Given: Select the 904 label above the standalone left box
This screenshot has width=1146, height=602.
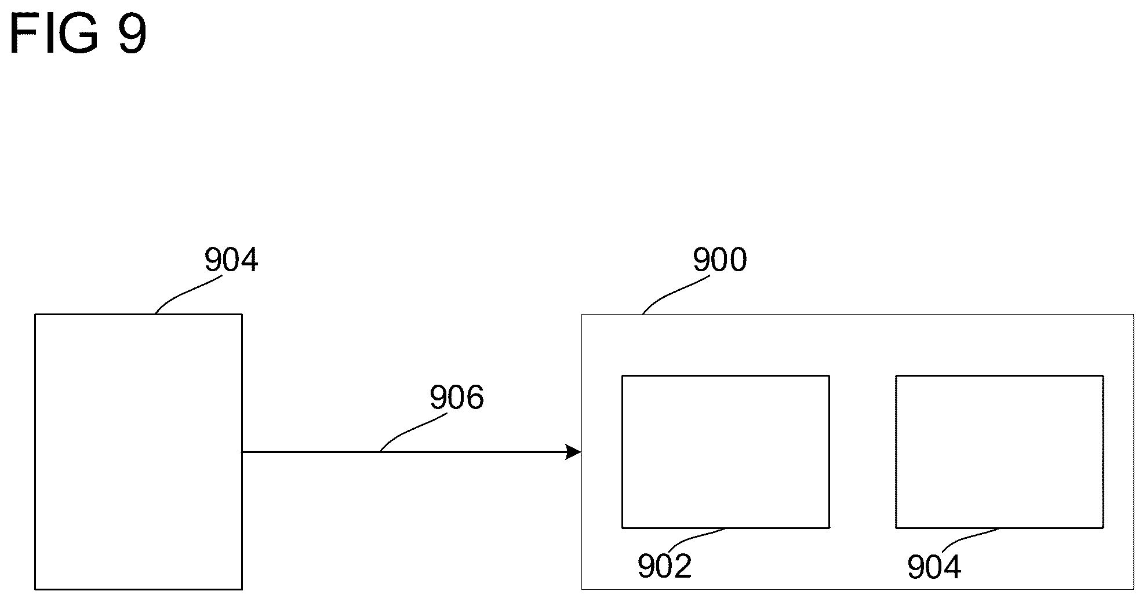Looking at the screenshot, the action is coord(231,260).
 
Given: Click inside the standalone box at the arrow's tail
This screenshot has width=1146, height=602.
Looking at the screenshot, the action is coord(138,451).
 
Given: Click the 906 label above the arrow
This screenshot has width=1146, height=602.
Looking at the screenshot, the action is coord(456,398).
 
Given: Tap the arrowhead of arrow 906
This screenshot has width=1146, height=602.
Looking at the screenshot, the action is coord(573,452).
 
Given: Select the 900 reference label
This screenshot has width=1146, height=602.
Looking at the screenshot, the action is coord(719,260).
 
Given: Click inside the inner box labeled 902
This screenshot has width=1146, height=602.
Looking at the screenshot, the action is coord(725,451).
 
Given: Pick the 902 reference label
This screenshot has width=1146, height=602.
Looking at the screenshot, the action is coord(664,566).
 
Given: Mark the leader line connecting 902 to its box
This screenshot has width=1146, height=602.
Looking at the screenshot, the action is coord(696,537).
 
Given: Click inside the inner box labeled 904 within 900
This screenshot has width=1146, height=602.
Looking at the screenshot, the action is coord(999,451).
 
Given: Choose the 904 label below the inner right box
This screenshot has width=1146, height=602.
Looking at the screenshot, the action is coord(934,566).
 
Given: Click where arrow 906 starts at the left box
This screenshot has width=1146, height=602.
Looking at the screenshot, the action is coord(243,452).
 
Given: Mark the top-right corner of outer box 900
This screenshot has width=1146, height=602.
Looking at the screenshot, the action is coord(1133,315).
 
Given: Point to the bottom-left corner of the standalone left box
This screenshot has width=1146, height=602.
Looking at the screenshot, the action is coord(35,589).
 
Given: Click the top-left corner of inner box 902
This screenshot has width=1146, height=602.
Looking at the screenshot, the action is coord(623,376).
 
